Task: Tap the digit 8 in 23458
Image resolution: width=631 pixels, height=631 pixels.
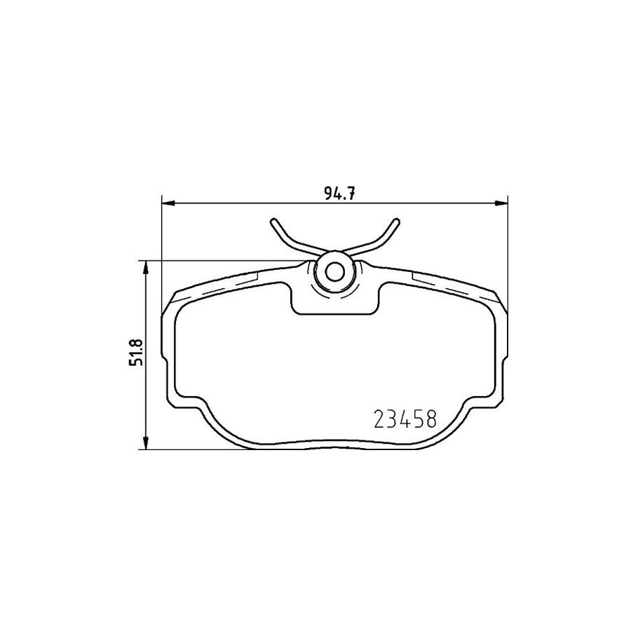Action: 430,419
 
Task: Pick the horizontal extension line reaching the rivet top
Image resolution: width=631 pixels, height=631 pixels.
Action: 224,262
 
